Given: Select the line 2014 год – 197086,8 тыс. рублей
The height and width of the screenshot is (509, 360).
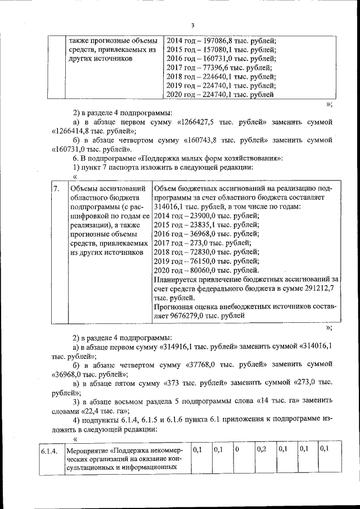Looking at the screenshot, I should click(x=222, y=41).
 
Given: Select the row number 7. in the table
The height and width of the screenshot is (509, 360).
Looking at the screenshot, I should click(x=55, y=188).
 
